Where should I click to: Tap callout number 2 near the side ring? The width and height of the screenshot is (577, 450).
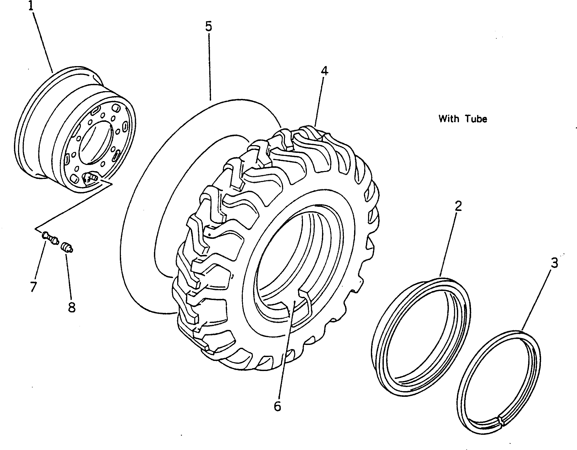458,206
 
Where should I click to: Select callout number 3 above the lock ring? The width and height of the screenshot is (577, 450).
554,263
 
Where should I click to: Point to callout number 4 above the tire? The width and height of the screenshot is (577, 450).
324,71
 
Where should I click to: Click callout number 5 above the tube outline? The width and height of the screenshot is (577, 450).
209,27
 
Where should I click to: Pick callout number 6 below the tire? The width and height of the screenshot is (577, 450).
277,406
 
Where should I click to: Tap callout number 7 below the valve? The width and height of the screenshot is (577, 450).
33,287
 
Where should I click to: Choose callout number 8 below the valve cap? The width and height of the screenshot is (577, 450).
72,307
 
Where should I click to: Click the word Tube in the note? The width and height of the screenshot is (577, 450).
476,119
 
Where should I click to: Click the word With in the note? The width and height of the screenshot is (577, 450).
449,119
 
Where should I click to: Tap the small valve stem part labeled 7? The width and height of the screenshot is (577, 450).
50,238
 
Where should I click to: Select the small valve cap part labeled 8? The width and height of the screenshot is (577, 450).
67,248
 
